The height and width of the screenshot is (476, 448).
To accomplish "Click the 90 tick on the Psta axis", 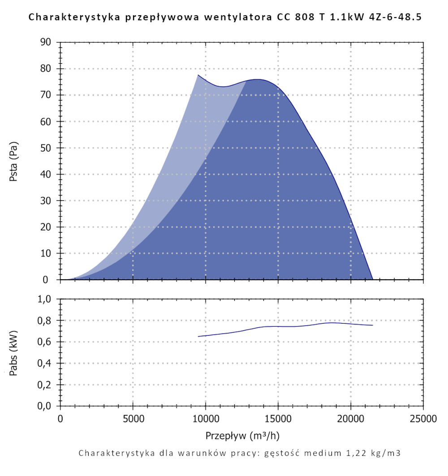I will [46, 43].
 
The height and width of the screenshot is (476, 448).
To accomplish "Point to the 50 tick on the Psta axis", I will [46, 148].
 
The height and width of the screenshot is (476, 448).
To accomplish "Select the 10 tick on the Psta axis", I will [46, 253].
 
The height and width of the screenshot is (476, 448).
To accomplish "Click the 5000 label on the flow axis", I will [133, 419].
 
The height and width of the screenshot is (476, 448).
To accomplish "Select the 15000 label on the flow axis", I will [278, 419].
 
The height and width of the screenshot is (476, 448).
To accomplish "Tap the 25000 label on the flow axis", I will [423, 419].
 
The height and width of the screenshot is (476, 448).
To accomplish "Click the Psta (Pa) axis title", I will [14, 161].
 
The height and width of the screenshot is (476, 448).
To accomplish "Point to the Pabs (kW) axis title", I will [14, 353].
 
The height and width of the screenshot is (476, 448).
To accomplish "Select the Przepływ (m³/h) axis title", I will [242, 435].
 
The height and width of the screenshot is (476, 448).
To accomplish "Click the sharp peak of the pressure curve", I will [198, 75].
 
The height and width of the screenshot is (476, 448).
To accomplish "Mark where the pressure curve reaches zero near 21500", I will [373, 279].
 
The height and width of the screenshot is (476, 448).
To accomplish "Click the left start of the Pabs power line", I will [198, 336].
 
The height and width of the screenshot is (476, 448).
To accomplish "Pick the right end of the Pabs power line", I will [373, 325].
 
